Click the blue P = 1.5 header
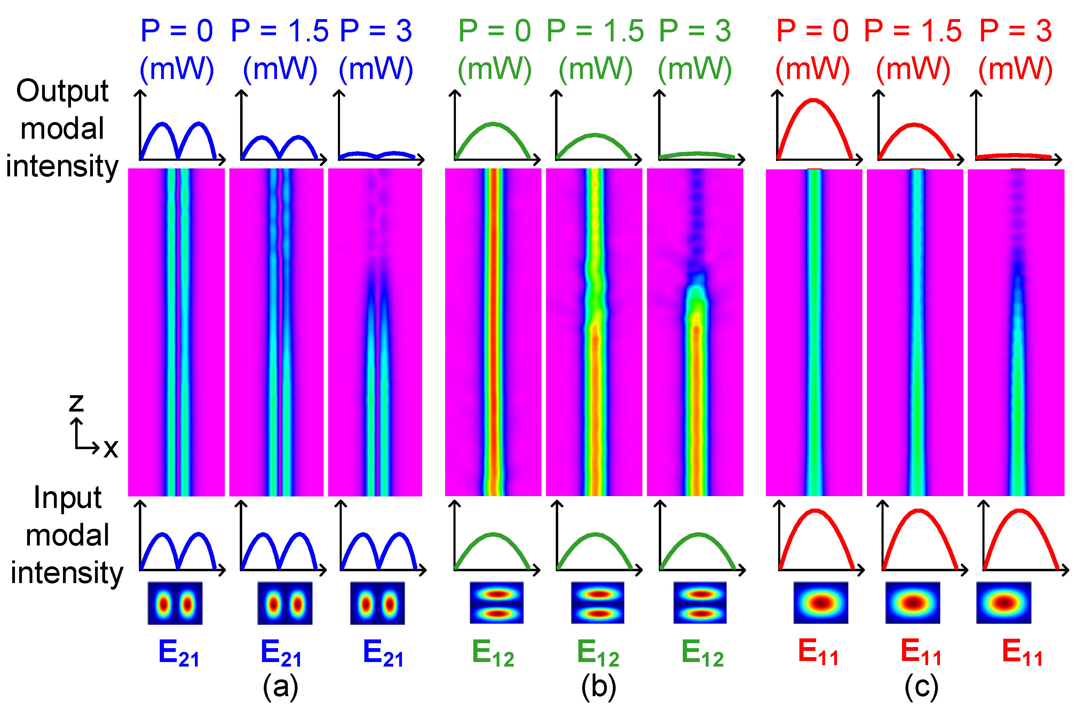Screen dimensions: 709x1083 279,31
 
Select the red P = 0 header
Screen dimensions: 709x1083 812,31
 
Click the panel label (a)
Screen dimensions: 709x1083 280,687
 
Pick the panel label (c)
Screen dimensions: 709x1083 922,687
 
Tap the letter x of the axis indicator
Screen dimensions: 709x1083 111,448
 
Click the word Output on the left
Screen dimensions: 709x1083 62,91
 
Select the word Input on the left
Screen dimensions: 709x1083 68,497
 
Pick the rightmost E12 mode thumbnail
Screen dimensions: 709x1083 700,603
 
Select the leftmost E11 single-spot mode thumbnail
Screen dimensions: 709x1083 821,603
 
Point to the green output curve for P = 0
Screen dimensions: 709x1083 493,124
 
